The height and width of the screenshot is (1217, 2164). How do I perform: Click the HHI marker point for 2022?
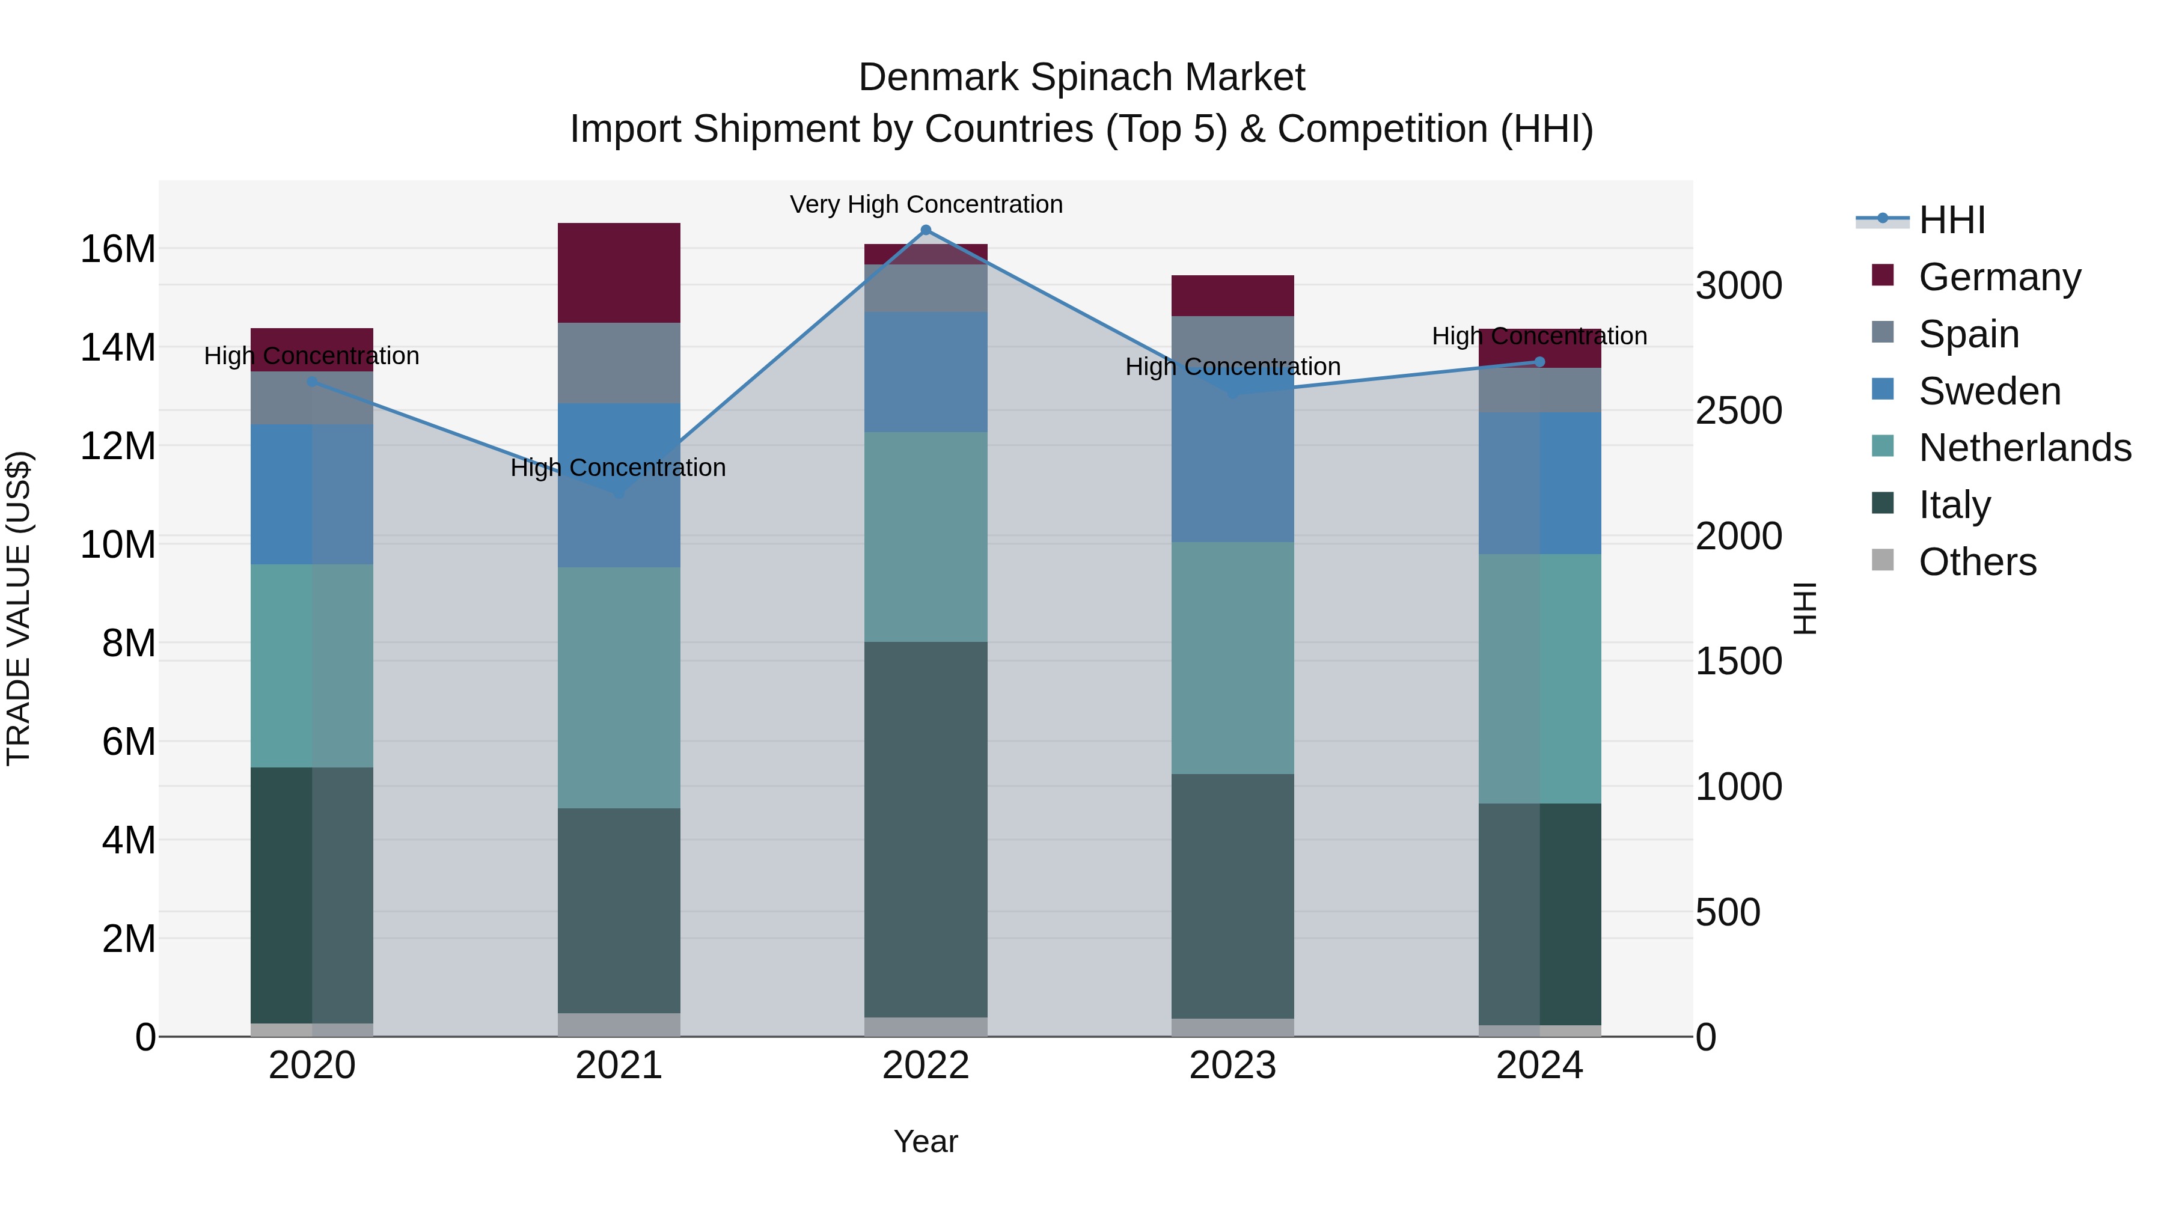pyautogui.click(x=926, y=230)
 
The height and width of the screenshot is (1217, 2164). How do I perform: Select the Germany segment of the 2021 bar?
pyautogui.click(x=619, y=273)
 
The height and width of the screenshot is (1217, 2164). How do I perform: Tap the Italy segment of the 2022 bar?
pyautogui.click(x=926, y=830)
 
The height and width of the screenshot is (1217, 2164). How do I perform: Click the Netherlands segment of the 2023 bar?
pyautogui.click(x=1232, y=657)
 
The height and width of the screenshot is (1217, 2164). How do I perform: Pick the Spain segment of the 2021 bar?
pyautogui.click(x=619, y=363)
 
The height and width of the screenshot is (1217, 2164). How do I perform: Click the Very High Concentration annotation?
pyautogui.click(x=926, y=205)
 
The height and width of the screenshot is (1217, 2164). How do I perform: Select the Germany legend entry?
pyautogui.click(x=1999, y=277)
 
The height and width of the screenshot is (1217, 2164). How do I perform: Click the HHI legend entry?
pyautogui.click(x=1951, y=220)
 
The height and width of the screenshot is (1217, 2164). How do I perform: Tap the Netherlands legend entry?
pyautogui.click(x=2024, y=448)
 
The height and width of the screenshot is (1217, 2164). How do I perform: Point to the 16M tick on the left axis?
pyautogui.click(x=118, y=249)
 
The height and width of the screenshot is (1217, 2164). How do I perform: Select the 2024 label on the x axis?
pyautogui.click(x=1539, y=1066)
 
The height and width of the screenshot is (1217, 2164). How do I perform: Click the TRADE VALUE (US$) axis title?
pyautogui.click(x=19, y=608)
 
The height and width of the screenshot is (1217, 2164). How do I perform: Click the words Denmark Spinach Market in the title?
pyautogui.click(x=1081, y=78)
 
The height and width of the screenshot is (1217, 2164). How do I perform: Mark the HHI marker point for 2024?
pyautogui.click(x=1539, y=362)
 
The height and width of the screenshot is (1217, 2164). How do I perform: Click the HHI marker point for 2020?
pyautogui.click(x=311, y=381)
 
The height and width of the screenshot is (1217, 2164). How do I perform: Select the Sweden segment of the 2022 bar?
pyautogui.click(x=926, y=372)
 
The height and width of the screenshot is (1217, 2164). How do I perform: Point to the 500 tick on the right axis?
pyautogui.click(x=1727, y=913)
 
